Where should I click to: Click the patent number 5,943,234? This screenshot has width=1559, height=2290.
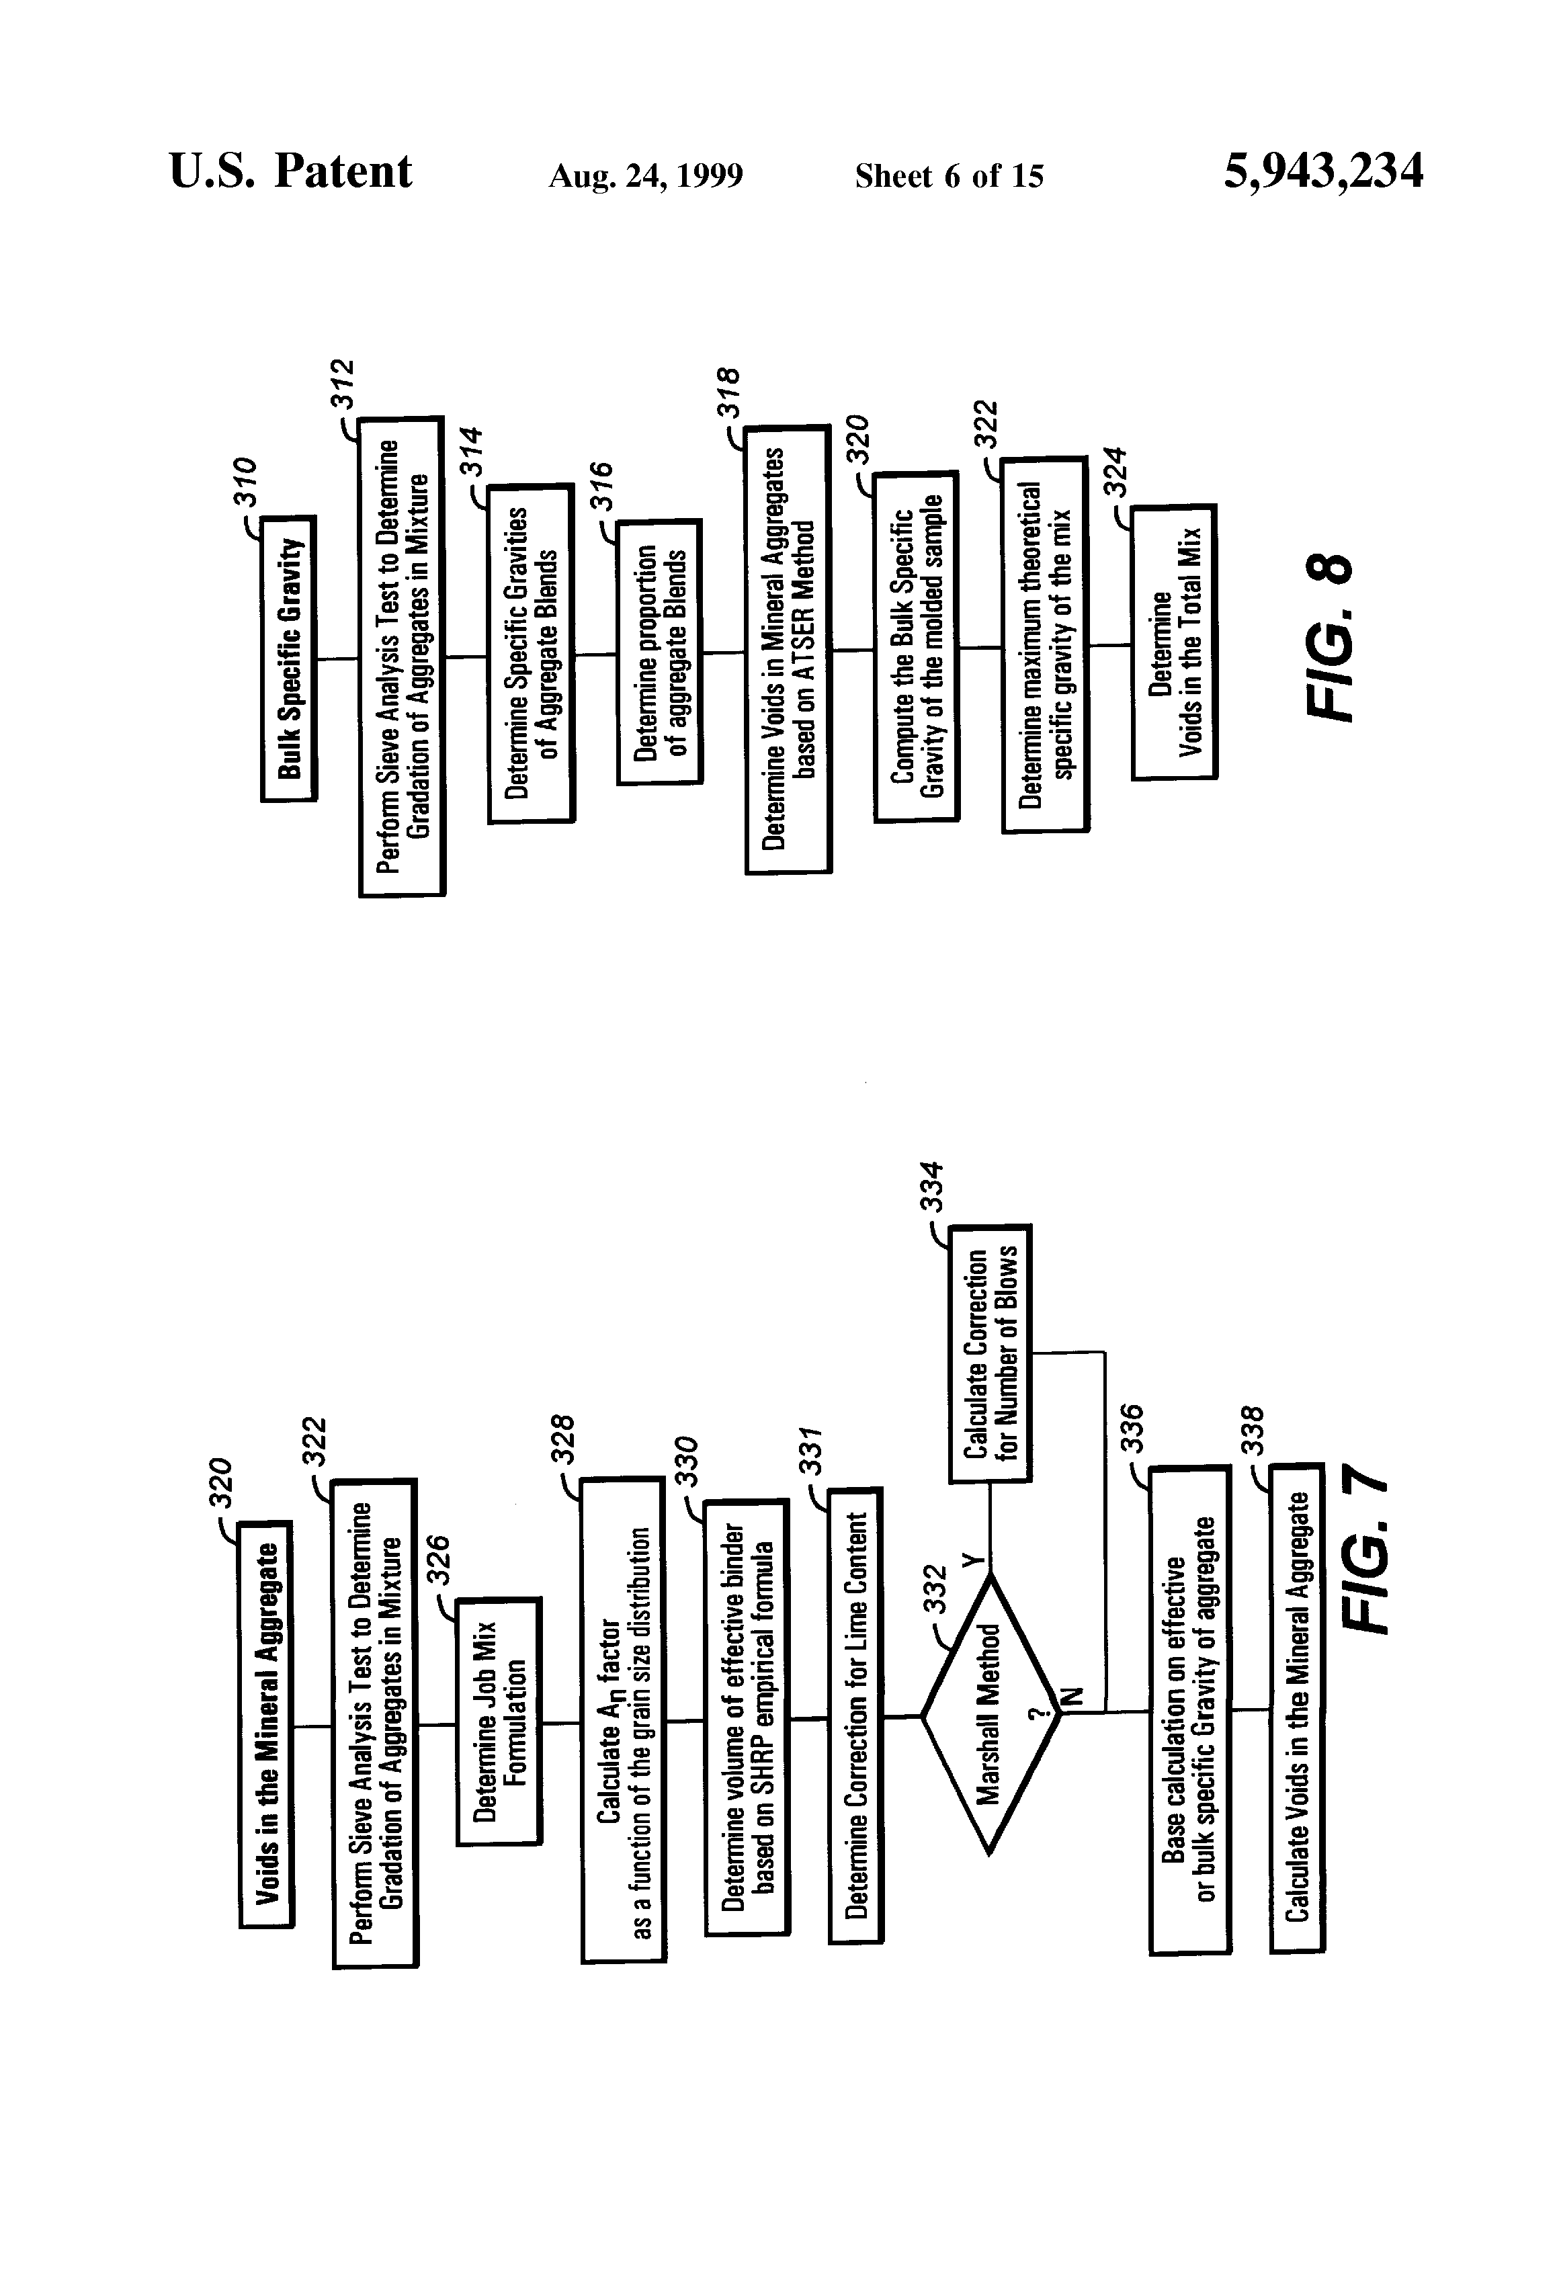[1322, 173]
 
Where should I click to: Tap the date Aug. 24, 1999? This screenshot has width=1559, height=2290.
[646, 176]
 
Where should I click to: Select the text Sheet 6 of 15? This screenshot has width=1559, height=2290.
[948, 176]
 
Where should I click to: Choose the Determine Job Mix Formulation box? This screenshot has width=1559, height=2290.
[499, 1720]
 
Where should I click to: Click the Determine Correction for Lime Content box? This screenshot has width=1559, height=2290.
[855, 1715]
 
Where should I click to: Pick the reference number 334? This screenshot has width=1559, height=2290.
[932, 1187]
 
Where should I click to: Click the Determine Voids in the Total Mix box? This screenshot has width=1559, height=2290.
[1174, 642]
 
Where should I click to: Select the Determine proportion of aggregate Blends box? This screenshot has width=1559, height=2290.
[659, 651]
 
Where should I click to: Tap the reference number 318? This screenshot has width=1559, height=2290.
[727, 392]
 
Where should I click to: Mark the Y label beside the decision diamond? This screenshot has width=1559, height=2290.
[972, 1560]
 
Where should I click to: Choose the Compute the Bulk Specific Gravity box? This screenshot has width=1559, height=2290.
[915, 646]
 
